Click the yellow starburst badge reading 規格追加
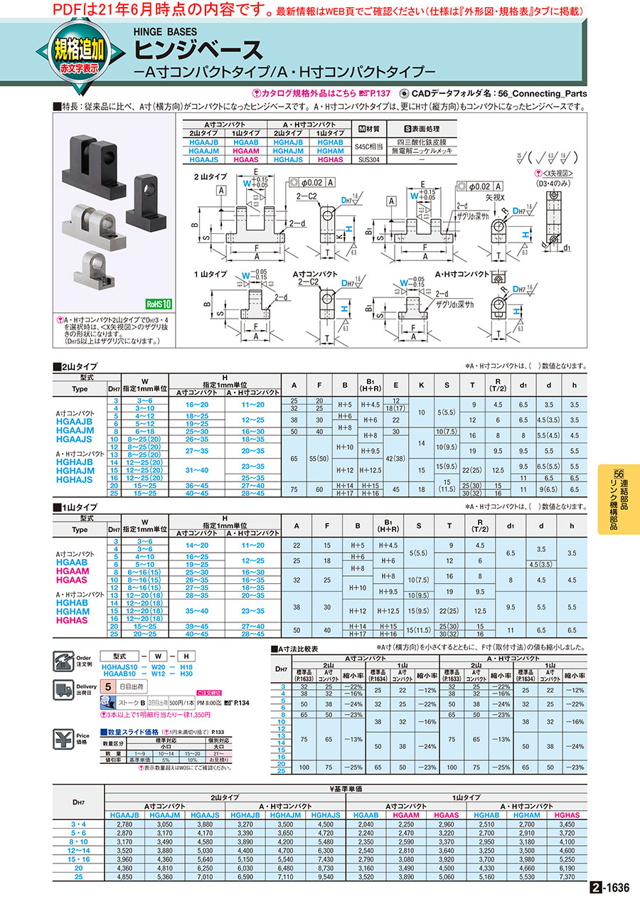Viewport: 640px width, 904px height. (79, 52)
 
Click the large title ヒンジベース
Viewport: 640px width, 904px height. (199, 49)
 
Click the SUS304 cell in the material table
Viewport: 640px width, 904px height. (368, 159)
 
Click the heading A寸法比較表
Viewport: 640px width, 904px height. (298, 649)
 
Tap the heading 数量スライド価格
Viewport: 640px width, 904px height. (132, 732)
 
